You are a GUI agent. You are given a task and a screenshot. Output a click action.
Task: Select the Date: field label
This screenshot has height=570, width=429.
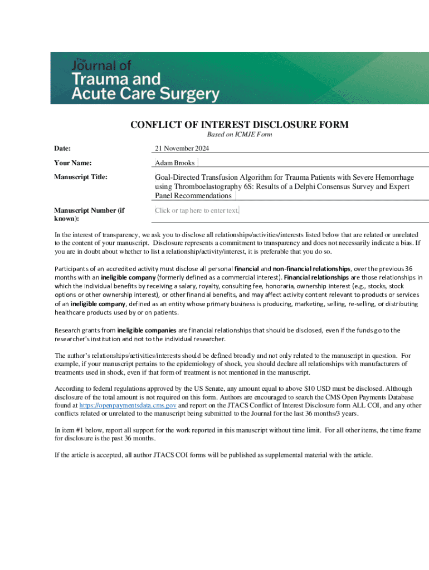(x=66, y=149)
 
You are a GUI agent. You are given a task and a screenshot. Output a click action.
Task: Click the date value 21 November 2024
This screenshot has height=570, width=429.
(x=182, y=149)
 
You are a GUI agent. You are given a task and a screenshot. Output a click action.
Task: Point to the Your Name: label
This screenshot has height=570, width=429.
(x=72, y=163)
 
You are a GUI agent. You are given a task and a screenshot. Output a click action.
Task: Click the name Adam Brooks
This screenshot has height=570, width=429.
(x=175, y=163)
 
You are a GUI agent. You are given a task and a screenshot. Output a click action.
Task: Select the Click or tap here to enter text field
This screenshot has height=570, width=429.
(x=197, y=210)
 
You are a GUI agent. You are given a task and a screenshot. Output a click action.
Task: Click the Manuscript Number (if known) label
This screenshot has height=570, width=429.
(x=89, y=214)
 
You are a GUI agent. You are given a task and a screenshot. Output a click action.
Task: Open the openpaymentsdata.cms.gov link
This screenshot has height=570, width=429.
(x=128, y=406)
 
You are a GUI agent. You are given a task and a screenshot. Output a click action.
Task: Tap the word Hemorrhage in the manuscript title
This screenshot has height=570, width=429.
(x=393, y=178)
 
